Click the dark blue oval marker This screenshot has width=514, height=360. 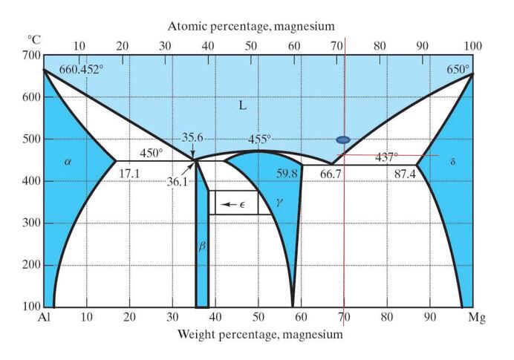click(343, 140)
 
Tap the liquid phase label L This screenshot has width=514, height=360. click(242, 105)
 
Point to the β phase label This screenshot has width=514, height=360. click(201, 245)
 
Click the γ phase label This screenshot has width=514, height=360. click(279, 201)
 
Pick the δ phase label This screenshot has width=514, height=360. click(452, 161)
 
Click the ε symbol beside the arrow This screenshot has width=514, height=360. click(241, 203)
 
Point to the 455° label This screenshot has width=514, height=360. click(260, 139)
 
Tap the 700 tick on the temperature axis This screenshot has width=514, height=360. click(31, 56)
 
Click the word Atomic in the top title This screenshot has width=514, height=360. click(187, 27)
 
